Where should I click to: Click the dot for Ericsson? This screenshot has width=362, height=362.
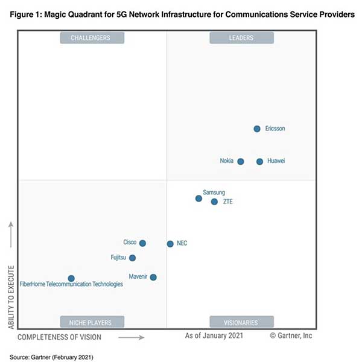(x=257, y=129)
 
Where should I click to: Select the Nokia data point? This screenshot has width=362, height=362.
(x=241, y=161)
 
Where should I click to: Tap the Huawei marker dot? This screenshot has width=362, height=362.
(x=259, y=161)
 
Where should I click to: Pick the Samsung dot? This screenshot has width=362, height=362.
(x=198, y=198)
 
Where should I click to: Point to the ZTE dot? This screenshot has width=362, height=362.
(x=214, y=202)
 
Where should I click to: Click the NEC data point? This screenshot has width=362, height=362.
(x=170, y=244)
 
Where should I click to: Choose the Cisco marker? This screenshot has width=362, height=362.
(x=142, y=243)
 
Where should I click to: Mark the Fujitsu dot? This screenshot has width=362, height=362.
(x=133, y=258)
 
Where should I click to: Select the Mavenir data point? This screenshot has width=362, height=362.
(x=153, y=278)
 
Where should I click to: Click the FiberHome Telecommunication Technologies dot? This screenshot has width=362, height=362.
(x=71, y=278)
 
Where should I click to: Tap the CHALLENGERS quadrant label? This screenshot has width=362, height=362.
(x=92, y=38)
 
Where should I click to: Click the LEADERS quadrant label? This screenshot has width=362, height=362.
(x=241, y=38)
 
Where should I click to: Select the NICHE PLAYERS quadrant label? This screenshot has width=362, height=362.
(x=92, y=322)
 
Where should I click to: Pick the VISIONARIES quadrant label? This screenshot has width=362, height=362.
(x=241, y=322)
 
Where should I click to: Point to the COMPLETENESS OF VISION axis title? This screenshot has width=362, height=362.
(x=59, y=337)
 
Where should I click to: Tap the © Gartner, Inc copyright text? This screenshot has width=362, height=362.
(x=291, y=335)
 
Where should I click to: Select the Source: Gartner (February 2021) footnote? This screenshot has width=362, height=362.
(x=51, y=357)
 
